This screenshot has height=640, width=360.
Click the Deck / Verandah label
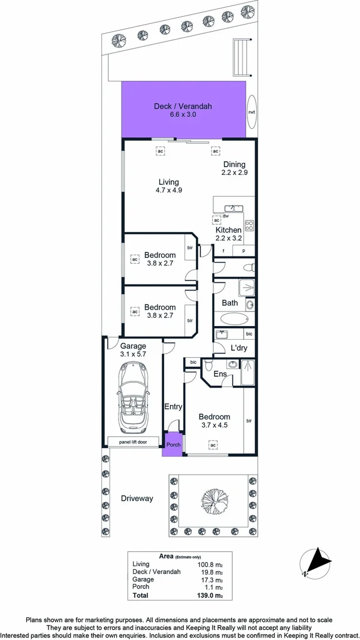tap(183, 106)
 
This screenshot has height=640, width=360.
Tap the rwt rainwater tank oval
tap(252, 112)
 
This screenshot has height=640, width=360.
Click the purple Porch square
tap(173, 445)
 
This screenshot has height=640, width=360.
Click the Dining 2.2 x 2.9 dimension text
tap(234, 173)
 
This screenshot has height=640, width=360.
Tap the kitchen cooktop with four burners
tap(249, 227)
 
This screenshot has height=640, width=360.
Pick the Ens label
tap(220, 375)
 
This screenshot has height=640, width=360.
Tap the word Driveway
tap(137, 499)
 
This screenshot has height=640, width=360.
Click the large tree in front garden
tap(210, 496)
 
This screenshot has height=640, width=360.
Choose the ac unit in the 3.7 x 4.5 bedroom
tap(212, 445)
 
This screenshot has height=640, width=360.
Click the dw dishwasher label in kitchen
tap(226, 216)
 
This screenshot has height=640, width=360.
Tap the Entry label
tap(173, 407)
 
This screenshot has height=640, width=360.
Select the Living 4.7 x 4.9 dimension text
tap(168, 190)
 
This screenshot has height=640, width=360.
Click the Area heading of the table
tap(166, 556)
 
